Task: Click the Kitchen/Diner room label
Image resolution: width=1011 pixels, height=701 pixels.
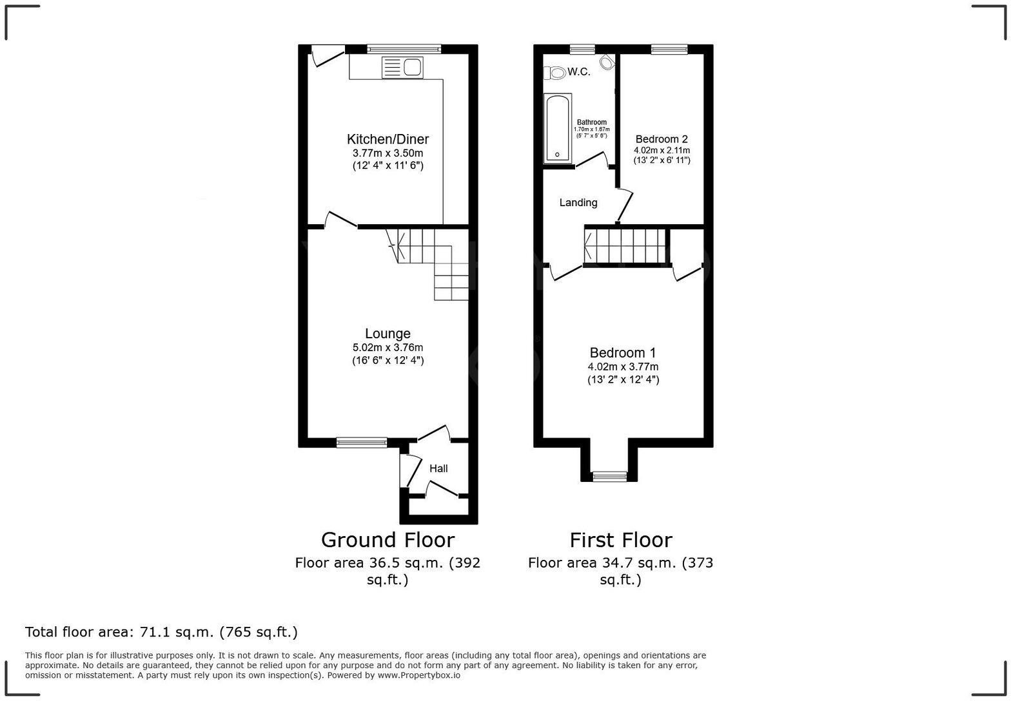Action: pos(388,139)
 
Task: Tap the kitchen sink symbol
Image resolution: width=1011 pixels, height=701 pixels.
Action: pos(402,67)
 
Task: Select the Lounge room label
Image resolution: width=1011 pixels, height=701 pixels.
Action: pos(388,334)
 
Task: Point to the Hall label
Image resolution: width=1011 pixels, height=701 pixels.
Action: pos(438,468)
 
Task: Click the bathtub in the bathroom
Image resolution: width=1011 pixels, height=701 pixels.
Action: pos(558,128)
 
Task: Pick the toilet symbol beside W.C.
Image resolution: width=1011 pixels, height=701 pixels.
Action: pos(555,72)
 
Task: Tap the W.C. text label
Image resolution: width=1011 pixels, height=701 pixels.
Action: pos(579,72)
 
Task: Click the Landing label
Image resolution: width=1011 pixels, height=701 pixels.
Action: pos(578,202)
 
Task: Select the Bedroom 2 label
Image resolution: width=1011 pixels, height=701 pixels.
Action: pos(662,139)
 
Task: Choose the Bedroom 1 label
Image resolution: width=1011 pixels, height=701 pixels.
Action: pos(623,353)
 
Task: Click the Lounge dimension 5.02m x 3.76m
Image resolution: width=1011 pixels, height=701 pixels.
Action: pos(388,348)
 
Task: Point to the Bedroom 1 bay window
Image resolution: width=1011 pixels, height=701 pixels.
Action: pos(609,477)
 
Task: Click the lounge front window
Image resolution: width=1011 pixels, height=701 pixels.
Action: pos(362,442)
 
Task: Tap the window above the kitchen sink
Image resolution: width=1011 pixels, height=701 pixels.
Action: pos(404,49)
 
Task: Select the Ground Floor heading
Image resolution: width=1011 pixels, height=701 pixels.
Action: pos(388,540)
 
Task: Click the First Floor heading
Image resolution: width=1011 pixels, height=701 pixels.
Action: pos(620,540)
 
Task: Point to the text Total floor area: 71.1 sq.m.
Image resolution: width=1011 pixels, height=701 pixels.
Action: pos(161,632)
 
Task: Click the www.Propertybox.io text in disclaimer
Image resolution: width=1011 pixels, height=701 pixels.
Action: pos(418,675)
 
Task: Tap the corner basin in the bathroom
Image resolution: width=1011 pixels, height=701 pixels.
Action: pos(607,62)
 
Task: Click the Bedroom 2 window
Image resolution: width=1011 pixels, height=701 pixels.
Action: pos(669,49)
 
